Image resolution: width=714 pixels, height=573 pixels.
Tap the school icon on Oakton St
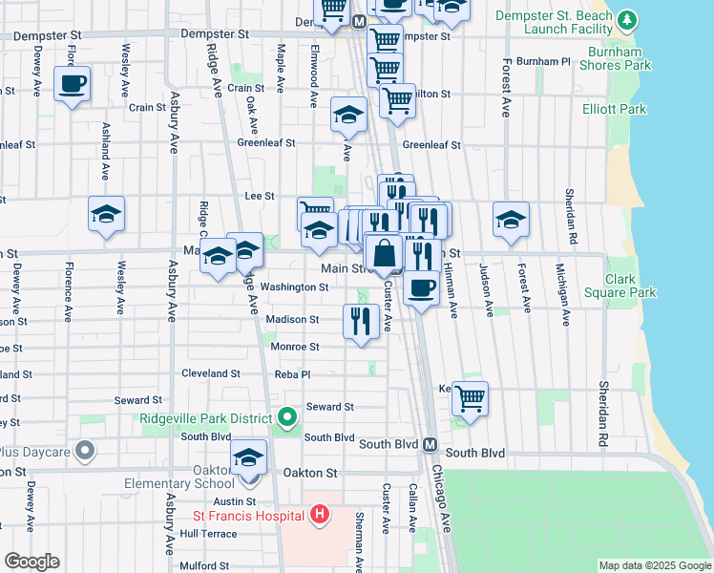tap(248, 458)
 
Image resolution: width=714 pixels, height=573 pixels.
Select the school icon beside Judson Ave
tap(511, 220)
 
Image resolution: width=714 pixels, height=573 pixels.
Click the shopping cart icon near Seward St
tap(470, 398)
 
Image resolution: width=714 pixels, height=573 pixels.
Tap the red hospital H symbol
tap(320, 516)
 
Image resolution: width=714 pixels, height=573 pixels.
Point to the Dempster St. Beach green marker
tap(626, 19)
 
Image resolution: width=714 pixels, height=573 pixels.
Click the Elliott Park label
tap(615, 109)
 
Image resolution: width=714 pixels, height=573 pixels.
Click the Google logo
tap(31, 562)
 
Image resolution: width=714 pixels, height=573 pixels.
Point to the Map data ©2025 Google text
tap(655, 565)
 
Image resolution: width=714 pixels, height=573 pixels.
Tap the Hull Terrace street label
tap(208, 534)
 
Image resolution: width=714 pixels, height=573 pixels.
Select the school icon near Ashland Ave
tap(106, 215)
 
